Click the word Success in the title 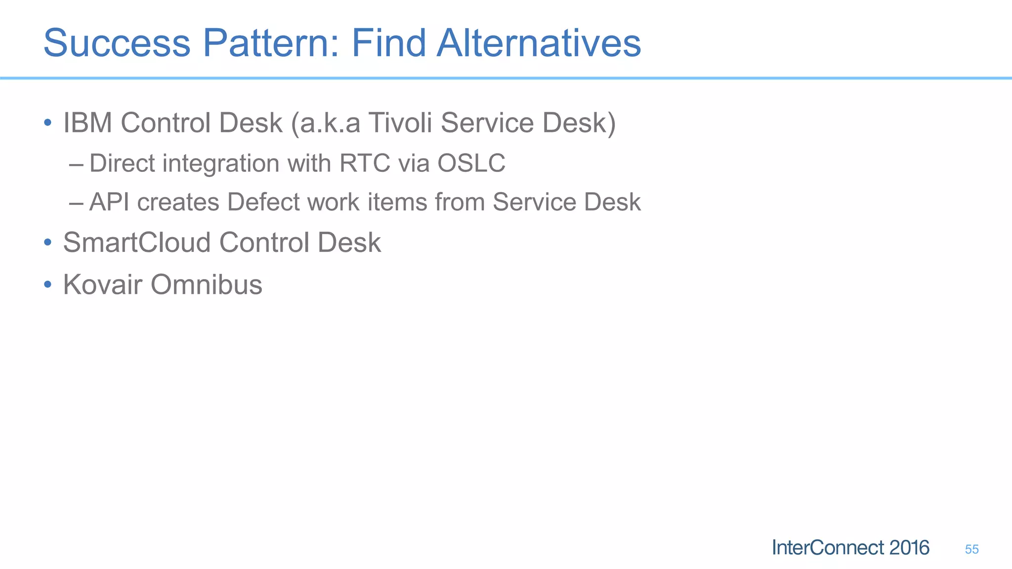[x=117, y=43]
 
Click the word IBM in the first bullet [x=87, y=122]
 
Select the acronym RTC [x=365, y=163]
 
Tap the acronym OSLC [x=471, y=163]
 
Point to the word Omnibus [x=206, y=284]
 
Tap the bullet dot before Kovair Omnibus [x=47, y=284]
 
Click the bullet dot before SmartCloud [x=47, y=243]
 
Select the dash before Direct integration [x=77, y=163]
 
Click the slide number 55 [x=971, y=549]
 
